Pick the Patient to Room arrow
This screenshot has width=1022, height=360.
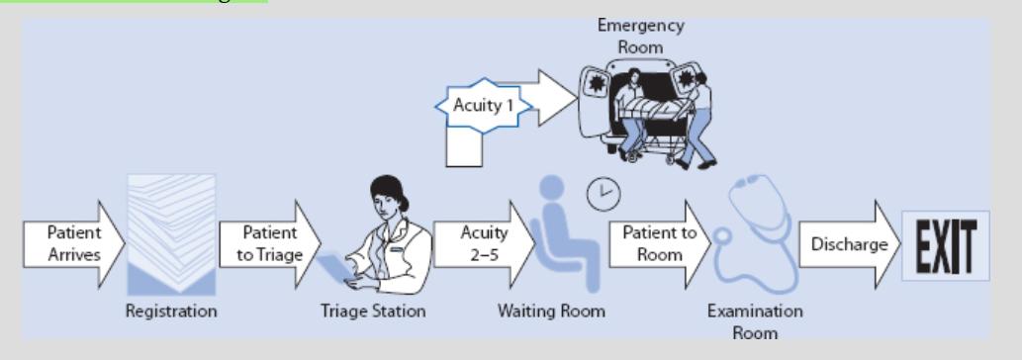click(x=658, y=243)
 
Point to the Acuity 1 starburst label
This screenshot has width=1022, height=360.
click(x=482, y=106)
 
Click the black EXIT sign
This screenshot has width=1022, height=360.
click(x=945, y=245)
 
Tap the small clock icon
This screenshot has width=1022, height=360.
click(x=603, y=194)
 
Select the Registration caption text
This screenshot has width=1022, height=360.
click(x=171, y=312)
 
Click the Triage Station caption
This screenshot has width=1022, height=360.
click(x=373, y=312)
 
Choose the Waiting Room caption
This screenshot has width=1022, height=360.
click(x=551, y=312)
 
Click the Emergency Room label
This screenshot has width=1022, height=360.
click(x=640, y=36)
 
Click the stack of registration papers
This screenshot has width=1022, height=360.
click(x=171, y=233)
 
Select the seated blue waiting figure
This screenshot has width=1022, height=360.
click(x=558, y=237)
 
